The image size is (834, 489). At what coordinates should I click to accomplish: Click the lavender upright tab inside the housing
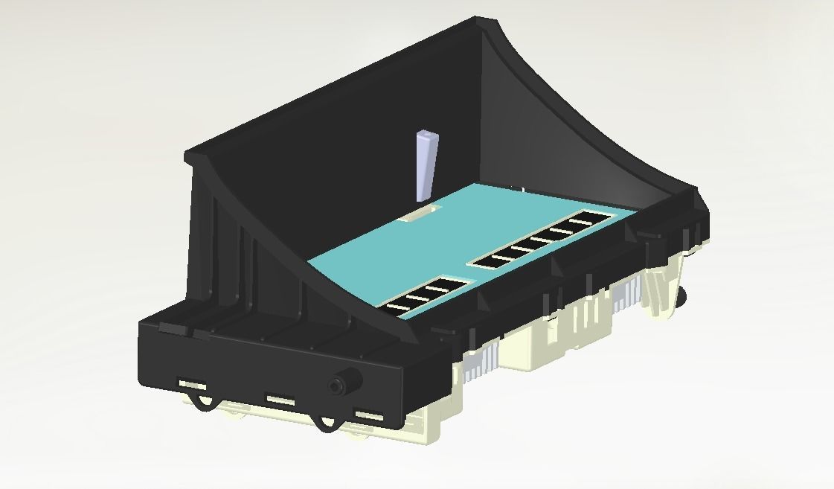coord(426,164)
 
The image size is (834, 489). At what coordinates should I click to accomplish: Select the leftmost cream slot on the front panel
coord(192,384)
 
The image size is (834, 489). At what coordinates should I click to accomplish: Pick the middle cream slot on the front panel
coord(280,400)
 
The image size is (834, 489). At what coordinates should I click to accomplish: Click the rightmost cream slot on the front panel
coord(369,415)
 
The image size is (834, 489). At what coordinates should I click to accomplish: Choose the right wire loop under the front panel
coord(324,423)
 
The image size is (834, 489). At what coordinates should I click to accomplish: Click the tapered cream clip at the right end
coord(661,290)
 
